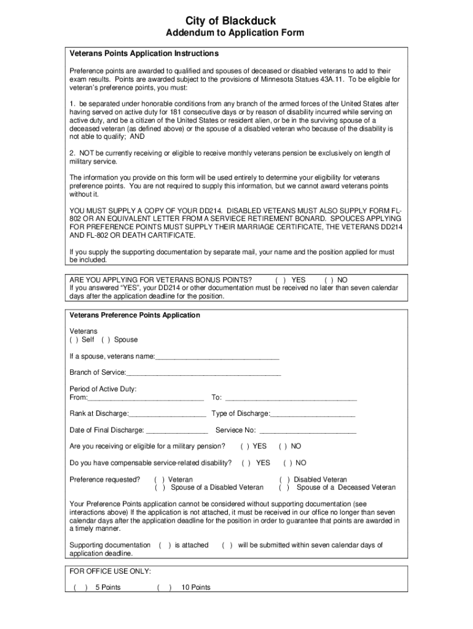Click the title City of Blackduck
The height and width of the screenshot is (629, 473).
(x=237, y=21)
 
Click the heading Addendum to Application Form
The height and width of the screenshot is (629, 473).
(x=237, y=33)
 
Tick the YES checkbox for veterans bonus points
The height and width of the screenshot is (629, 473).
(x=280, y=279)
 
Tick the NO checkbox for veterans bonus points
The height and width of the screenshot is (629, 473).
(x=329, y=279)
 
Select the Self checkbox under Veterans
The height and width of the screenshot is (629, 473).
(x=74, y=340)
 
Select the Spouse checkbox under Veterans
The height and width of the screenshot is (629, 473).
(x=106, y=340)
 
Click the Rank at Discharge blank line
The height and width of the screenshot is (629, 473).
(x=167, y=414)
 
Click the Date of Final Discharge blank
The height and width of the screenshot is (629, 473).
(x=177, y=431)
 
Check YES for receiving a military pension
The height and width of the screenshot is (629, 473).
(x=244, y=447)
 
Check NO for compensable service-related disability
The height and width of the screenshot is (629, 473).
(x=287, y=463)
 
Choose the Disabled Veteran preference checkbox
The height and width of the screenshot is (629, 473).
(x=284, y=480)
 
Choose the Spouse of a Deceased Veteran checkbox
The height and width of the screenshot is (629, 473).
(x=284, y=488)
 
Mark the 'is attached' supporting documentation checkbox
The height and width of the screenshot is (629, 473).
(x=165, y=545)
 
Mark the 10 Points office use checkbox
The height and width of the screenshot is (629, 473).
(x=164, y=588)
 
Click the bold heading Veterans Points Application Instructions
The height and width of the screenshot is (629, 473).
(x=144, y=54)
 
